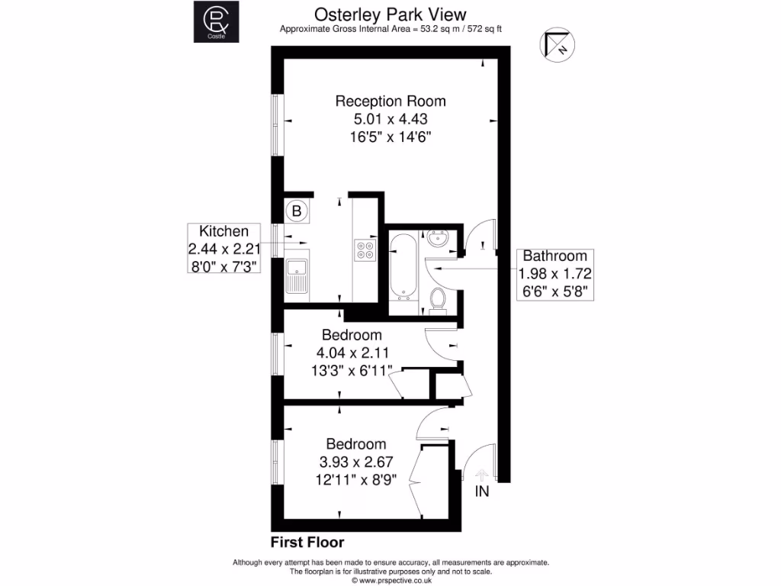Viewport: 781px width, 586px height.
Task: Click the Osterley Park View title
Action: click(x=390, y=14)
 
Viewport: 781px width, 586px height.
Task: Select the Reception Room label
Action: click(x=390, y=101)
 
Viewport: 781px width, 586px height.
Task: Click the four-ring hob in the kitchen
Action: click(x=365, y=250)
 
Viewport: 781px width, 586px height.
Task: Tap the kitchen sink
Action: click(x=296, y=276)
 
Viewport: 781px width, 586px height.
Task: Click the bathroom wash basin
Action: click(x=439, y=240)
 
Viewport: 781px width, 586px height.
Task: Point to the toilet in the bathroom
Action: click(x=438, y=300)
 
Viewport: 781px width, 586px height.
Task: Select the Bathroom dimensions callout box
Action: click(x=554, y=273)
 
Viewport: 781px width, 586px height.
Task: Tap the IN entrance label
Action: click(x=482, y=492)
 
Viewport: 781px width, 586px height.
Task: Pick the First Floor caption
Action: click(x=307, y=543)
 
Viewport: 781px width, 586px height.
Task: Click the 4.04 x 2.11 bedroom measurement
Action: click(x=352, y=353)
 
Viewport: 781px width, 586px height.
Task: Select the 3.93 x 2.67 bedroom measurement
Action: click(x=356, y=462)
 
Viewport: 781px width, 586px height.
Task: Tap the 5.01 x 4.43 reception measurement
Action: click(x=390, y=119)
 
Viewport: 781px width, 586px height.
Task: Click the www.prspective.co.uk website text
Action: click(x=390, y=580)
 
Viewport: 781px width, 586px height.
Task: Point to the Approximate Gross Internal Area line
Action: click(x=390, y=29)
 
